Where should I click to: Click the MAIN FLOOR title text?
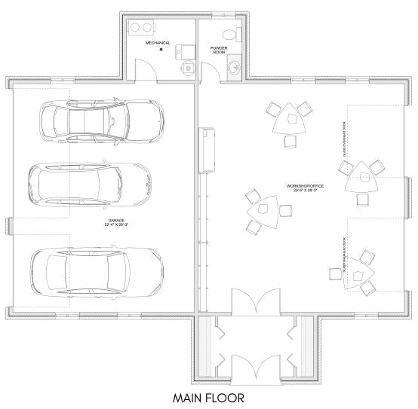[208, 396]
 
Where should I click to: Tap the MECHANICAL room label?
[158, 43]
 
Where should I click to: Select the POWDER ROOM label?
[219, 50]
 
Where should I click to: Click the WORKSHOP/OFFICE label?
[301, 187]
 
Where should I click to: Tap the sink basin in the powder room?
[234, 69]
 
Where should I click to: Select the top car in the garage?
[101, 119]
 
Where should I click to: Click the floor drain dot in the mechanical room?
[161, 50]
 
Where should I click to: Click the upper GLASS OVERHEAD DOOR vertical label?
[343, 142]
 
